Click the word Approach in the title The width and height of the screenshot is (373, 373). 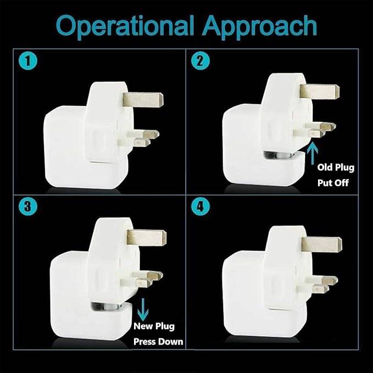260,26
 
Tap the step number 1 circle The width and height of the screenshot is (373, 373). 28,61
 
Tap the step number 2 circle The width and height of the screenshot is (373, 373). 201,61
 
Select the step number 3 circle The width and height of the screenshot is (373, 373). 28,207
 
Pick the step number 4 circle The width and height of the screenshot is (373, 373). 201,207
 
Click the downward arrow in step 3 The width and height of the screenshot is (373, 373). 143,309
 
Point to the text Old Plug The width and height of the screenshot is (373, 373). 336,168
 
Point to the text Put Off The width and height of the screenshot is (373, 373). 333,183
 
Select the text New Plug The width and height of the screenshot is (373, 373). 154,326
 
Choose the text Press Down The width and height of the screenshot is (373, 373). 158,342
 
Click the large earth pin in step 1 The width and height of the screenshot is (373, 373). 143,100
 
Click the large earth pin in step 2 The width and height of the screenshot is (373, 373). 320,92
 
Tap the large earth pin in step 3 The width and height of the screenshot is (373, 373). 147,238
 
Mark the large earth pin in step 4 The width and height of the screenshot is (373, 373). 322,245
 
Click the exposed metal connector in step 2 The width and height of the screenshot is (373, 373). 280,155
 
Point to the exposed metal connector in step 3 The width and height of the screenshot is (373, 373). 107,307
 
